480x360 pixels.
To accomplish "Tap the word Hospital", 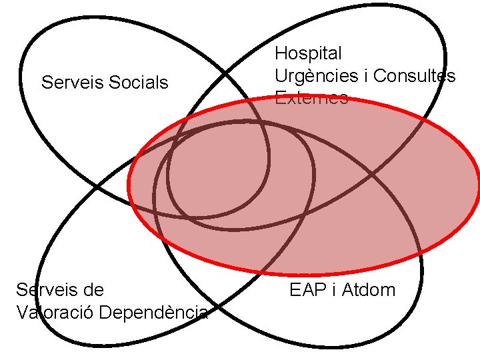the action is [x=308, y=53].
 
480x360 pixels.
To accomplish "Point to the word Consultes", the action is [x=415, y=76].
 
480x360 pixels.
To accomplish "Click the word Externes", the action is [x=311, y=99].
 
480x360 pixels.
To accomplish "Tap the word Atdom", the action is [x=368, y=290].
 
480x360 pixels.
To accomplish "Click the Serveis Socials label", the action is [x=105, y=83].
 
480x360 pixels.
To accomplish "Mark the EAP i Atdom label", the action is [x=342, y=290].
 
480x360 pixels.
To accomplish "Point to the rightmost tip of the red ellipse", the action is [x=479, y=187].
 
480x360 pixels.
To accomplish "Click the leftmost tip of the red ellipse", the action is [x=129, y=187].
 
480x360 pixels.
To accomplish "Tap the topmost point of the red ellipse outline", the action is [x=303, y=99].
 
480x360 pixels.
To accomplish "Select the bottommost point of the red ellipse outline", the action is [x=303, y=274].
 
